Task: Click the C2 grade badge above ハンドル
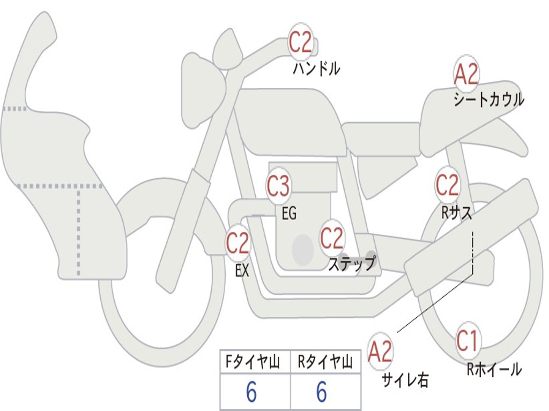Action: tap(301, 43)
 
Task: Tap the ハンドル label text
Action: tap(316, 69)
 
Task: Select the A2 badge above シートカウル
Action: tap(466, 74)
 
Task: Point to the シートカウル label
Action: tap(488, 100)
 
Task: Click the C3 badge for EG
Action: tap(278, 187)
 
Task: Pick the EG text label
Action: tap(288, 214)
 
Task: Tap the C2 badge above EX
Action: tap(238, 244)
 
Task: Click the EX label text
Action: tap(242, 271)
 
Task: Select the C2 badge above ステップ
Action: tap(332, 238)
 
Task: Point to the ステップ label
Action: tap(352, 264)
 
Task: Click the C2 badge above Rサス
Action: tap(447, 186)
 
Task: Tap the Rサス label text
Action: tap(456, 212)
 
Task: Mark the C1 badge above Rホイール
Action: tap(468, 341)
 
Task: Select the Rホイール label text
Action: tap(494, 369)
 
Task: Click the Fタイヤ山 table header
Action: tap(255, 363)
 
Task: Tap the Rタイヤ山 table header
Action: tap(325, 363)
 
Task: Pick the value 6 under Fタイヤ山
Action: tap(251, 393)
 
